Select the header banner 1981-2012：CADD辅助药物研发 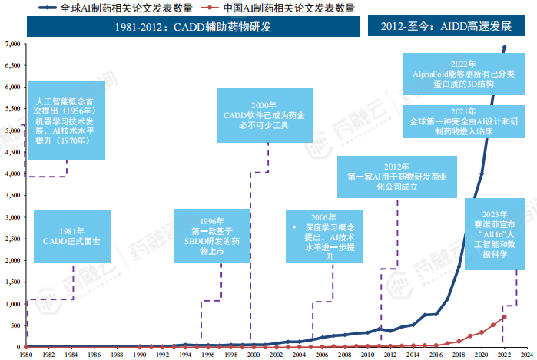[x=193, y=28]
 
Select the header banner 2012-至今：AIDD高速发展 [x=446, y=28]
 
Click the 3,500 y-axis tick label [x=12, y=196]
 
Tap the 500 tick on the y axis [x=14, y=325]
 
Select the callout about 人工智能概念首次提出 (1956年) [x=64, y=121]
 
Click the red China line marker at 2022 [x=504, y=317]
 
